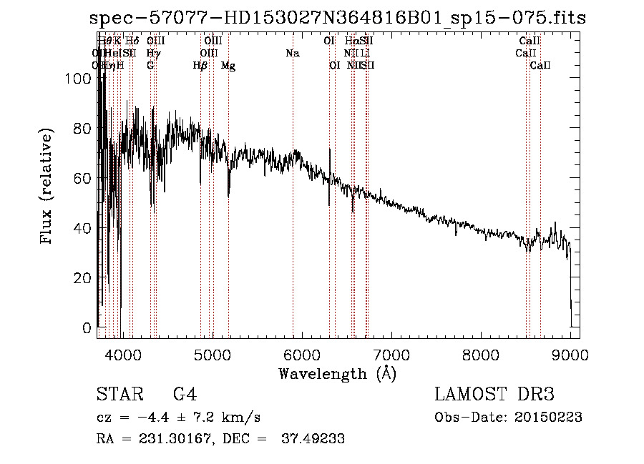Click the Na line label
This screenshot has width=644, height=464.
coord(292,54)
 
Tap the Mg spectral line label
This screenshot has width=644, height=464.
coord(228,66)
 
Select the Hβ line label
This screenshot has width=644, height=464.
coord(200,66)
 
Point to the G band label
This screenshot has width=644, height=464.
coord(150,66)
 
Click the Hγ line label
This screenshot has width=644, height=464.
coord(152,54)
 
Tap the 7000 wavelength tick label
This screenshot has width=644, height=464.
coord(391,354)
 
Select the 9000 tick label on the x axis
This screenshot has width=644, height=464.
coord(570,354)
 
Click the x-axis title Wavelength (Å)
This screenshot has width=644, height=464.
coord(337,373)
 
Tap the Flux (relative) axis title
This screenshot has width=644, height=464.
coord(48,187)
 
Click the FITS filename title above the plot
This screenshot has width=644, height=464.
coord(338,18)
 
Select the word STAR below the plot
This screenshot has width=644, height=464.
coord(119,395)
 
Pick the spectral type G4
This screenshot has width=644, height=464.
coord(185,395)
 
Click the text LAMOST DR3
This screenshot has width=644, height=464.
coord(494,395)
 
